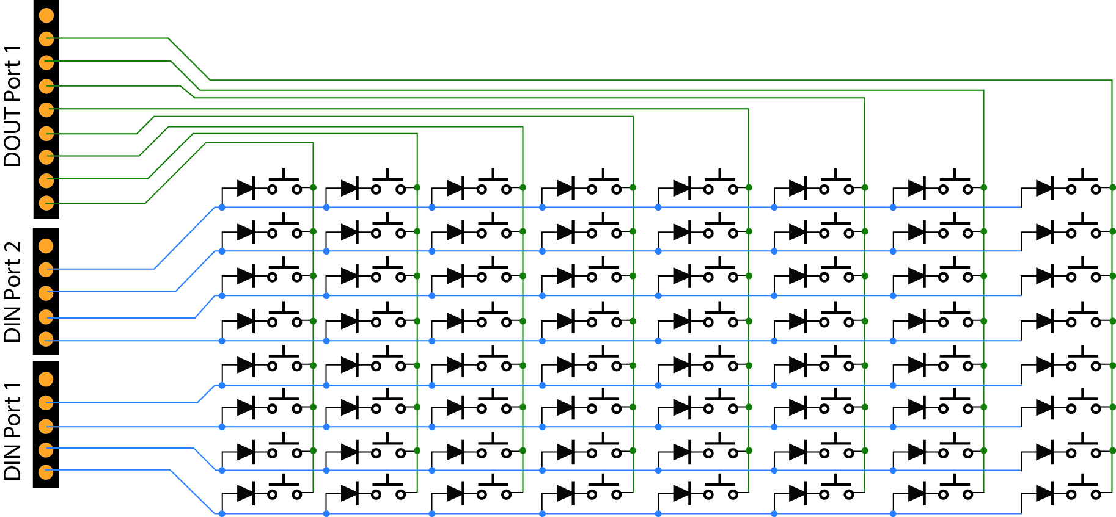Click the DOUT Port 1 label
[12, 105]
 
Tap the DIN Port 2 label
[12, 291]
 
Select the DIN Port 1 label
[12, 431]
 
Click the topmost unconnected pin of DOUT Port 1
[46, 15]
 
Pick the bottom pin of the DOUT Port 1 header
[46, 203]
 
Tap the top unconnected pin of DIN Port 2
[46, 246]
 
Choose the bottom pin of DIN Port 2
[46, 339]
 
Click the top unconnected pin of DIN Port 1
[46, 379]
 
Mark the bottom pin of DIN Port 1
[46, 472]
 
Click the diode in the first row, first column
[246, 188]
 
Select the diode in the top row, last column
[1045, 188]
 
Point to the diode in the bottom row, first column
[246, 493]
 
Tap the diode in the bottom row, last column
[1045, 493]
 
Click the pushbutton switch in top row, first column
[284, 186]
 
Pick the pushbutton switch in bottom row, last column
[1083, 491]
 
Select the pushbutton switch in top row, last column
[1083, 186]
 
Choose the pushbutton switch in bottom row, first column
[284, 491]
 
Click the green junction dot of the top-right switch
[1112, 187]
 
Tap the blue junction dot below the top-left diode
[222, 208]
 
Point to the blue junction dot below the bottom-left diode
[222, 514]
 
